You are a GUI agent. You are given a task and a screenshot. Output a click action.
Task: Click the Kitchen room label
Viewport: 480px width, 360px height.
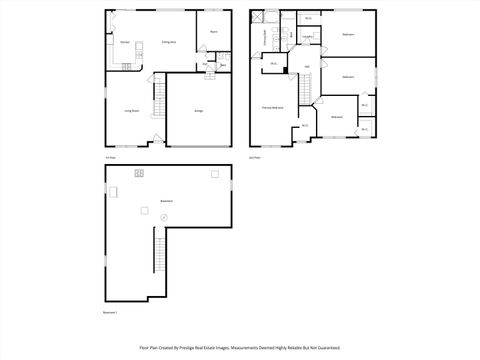click(x=125, y=43)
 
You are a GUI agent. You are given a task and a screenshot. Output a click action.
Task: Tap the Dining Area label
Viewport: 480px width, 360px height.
click(x=169, y=43)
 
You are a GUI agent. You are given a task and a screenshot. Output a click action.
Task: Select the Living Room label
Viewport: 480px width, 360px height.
click(x=130, y=111)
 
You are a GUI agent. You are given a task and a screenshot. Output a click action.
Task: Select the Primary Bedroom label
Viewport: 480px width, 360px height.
click(x=272, y=106)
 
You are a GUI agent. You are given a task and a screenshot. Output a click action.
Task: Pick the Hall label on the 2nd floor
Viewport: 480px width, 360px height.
click(x=306, y=67)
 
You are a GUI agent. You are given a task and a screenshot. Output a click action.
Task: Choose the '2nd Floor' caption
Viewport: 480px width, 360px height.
click(x=254, y=157)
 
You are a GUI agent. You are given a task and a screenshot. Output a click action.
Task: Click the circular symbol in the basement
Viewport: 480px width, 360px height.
click(x=165, y=217)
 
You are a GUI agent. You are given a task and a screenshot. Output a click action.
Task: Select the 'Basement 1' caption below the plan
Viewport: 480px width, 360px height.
click(x=111, y=314)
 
